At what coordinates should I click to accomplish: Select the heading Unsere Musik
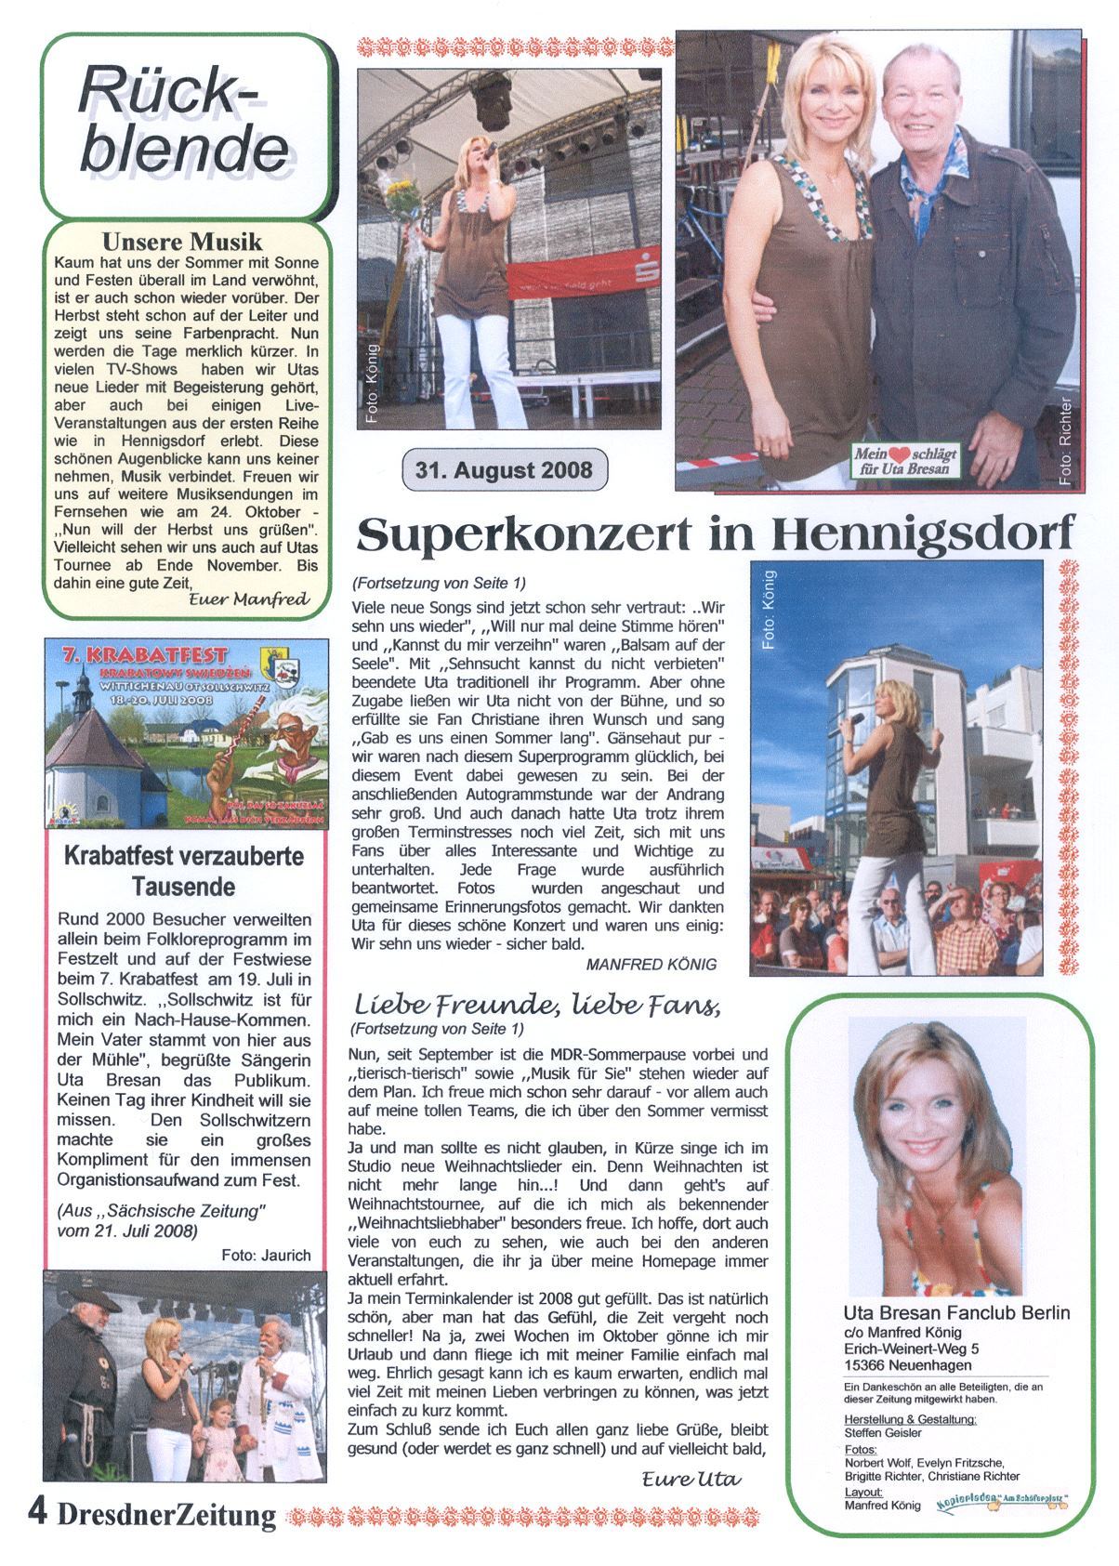pos(182,243)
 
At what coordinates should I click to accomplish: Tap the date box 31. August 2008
pos(505,468)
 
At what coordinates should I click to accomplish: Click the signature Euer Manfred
pos(248,600)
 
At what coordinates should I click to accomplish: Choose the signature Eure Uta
pos(691,1479)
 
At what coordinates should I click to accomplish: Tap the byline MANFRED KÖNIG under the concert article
pos(652,964)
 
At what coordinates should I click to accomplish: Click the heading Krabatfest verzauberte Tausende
pos(183,870)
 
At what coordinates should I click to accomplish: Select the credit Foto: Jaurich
pos(266,1255)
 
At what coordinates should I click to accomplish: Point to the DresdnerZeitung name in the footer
pos(166,1515)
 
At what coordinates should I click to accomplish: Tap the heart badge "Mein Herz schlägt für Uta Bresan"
pos(907,461)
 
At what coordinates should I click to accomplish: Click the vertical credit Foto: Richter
pos(1065,442)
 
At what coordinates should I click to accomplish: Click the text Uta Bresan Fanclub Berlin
pos(956,1313)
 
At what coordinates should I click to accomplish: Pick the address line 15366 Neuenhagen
pos(908,1365)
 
